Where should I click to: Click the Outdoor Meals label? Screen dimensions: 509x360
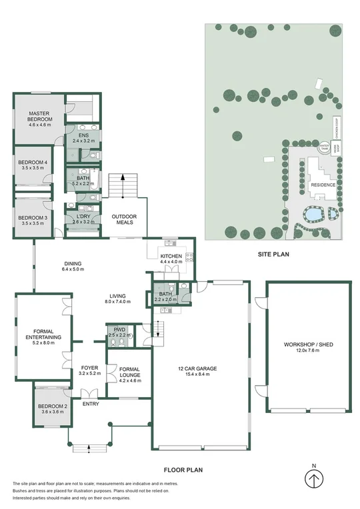[x=124, y=220]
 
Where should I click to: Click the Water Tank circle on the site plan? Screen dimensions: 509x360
[x=324, y=147]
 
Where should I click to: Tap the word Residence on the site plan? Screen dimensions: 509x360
[x=323, y=185]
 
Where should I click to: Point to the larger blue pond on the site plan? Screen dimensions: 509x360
[x=311, y=215]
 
